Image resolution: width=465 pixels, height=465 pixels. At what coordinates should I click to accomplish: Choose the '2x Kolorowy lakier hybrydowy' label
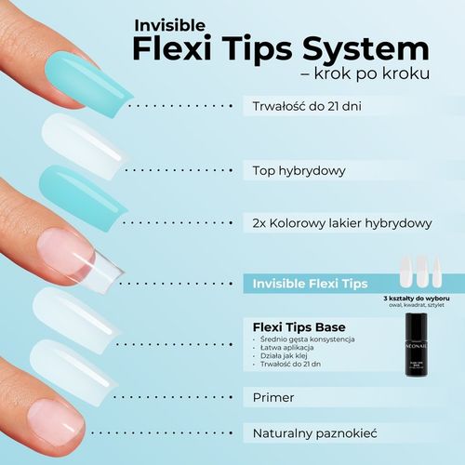point(342,224)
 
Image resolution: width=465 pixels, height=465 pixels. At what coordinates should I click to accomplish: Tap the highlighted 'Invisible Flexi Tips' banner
point(312,283)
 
